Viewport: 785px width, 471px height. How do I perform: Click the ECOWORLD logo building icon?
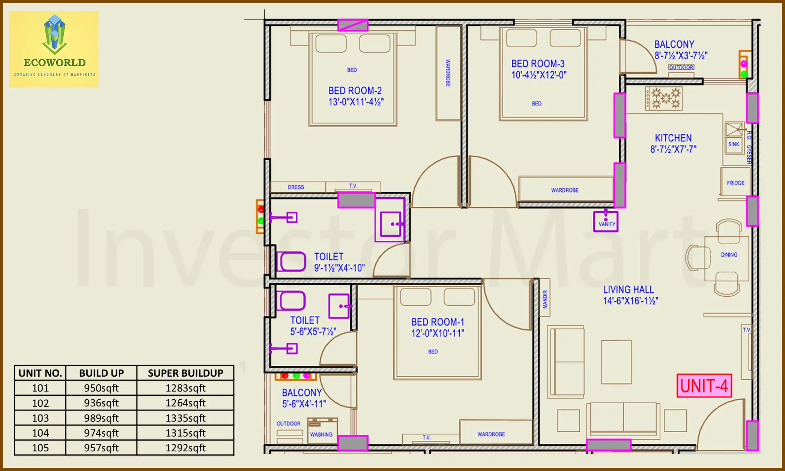tap(55, 34)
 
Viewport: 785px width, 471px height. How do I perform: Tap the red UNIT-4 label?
tap(704, 386)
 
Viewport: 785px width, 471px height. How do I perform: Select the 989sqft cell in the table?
tap(101, 418)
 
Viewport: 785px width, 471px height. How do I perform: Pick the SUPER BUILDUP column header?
tap(185, 373)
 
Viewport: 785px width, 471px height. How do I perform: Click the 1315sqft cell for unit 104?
tap(185, 433)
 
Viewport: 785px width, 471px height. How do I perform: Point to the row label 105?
tap(40, 448)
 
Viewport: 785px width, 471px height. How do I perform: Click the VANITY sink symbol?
tap(606, 221)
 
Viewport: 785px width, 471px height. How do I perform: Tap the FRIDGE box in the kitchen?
tap(735, 183)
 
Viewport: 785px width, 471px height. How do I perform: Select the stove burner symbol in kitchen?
tap(664, 98)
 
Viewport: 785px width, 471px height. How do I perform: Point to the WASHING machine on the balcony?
tap(322, 430)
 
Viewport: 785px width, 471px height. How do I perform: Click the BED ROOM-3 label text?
tap(538, 63)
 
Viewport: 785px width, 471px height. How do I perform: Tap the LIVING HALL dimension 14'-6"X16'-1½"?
tap(630, 301)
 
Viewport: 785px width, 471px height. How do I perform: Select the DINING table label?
tap(729, 254)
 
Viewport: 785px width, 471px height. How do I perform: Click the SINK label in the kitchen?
tap(733, 144)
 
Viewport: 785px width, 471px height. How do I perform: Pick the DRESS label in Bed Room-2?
tap(296, 187)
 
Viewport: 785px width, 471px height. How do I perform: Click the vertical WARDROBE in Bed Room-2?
tap(448, 73)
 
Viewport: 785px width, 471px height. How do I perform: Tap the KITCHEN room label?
tap(673, 138)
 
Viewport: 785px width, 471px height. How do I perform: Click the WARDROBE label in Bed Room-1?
tap(491, 434)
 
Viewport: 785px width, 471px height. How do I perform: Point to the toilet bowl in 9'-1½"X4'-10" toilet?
tap(291, 261)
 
